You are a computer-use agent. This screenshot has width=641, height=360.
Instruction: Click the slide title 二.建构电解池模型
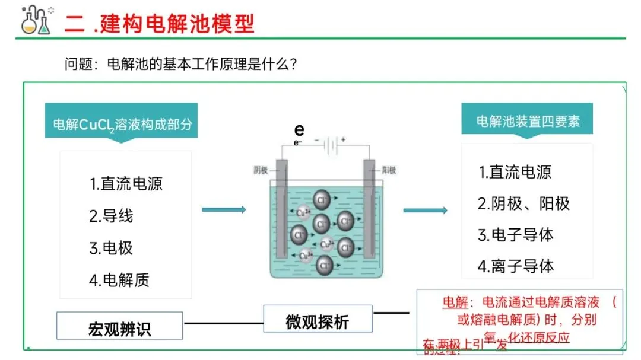pos(160,23)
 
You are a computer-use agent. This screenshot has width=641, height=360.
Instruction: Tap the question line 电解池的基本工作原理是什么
pos(180,63)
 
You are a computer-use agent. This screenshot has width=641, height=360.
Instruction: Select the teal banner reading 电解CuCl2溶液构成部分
pos(122,124)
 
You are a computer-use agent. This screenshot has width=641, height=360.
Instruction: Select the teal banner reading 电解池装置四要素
pos(528,122)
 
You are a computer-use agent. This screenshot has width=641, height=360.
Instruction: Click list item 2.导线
pos(111,215)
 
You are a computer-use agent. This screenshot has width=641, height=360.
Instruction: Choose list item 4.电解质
pos(119,280)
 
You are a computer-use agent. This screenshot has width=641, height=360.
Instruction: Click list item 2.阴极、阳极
pos(523,203)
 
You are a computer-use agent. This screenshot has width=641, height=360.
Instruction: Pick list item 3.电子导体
pos(515,235)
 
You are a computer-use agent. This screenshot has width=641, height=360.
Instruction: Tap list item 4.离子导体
pos(515,266)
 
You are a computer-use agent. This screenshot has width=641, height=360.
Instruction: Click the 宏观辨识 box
pos(119,328)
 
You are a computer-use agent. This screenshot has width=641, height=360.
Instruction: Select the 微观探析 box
pos(318,321)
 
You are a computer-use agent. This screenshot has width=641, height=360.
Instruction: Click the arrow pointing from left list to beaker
pos(224,209)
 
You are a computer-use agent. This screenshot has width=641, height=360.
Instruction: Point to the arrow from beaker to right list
pos(425,210)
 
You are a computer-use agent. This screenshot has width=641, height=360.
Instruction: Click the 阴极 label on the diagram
pos(261,171)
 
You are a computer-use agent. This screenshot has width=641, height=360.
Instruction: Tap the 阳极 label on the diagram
pos(388,171)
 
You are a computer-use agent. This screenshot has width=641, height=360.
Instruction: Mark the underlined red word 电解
pos(455,302)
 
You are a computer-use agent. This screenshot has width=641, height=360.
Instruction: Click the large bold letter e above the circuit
pos(299,130)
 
